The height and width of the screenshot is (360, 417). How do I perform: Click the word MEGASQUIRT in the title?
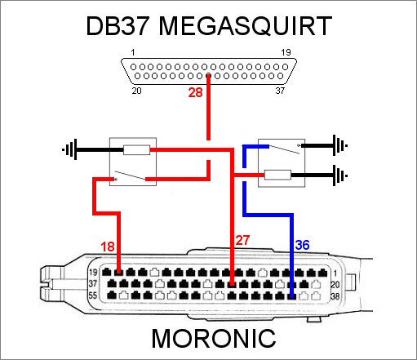click(x=245, y=26)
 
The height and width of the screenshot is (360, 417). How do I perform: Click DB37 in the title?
click(x=118, y=26)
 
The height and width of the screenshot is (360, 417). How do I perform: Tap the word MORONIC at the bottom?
click(x=214, y=339)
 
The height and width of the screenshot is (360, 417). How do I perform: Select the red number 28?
click(x=195, y=92)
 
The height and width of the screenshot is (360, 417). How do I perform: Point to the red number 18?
click(x=108, y=247)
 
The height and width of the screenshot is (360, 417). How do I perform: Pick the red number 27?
click(x=242, y=240)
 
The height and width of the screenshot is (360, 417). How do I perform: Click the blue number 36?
click(x=302, y=245)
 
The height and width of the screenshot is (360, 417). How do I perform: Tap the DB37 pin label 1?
click(x=133, y=52)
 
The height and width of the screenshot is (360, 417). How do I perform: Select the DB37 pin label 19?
click(x=286, y=52)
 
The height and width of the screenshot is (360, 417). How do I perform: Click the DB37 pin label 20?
click(x=136, y=91)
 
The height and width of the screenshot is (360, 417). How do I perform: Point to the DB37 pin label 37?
click(x=280, y=91)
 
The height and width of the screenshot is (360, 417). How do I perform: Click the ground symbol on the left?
click(x=70, y=149)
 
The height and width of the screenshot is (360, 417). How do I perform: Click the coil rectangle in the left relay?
click(x=136, y=150)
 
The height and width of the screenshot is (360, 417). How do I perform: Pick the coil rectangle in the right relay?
click(x=277, y=175)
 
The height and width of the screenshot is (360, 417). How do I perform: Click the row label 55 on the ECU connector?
click(x=93, y=296)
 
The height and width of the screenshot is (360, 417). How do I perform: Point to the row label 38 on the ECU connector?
click(x=335, y=296)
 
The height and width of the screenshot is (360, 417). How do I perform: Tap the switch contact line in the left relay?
click(x=130, y=176)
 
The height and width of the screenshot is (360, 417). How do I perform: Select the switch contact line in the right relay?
click(x=284, y=149)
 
